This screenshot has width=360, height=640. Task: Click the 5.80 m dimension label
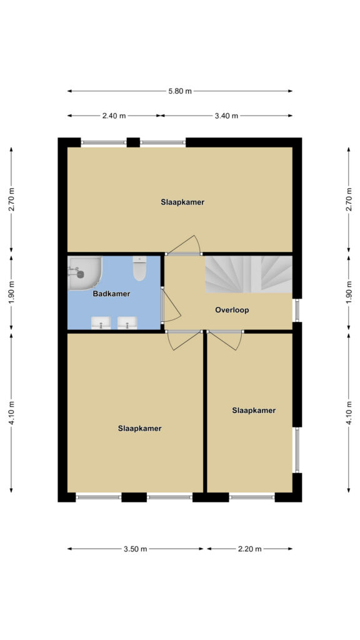click(180, 91)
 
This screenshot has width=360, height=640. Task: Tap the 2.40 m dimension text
click(114, 116)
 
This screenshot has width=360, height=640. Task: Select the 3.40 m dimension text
click(226, 116)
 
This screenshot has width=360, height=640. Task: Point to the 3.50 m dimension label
click(135, 549)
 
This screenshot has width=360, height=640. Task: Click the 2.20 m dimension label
click(250, 549)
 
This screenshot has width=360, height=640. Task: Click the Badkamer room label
click(111, 294)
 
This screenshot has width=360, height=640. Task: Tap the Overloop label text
click(232, 310)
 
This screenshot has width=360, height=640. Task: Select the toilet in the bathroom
click(139, 268)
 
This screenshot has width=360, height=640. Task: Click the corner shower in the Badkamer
click(84, 273)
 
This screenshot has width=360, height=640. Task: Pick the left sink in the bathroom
click(101, 323)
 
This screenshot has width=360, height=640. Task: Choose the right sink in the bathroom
click(127, 323)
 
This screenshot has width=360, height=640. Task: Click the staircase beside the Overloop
click(249, 274)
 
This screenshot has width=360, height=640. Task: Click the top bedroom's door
click(185, 245)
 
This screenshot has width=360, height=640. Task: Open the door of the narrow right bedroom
click(225, 341)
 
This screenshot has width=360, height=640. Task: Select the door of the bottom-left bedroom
click(185, 341)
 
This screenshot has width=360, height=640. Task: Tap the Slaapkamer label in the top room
click(182, 202)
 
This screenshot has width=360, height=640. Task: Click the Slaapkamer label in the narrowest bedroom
click(254, 410)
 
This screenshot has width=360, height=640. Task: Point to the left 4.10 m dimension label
click(11, 413)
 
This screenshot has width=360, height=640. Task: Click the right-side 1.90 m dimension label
click(349, 292)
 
